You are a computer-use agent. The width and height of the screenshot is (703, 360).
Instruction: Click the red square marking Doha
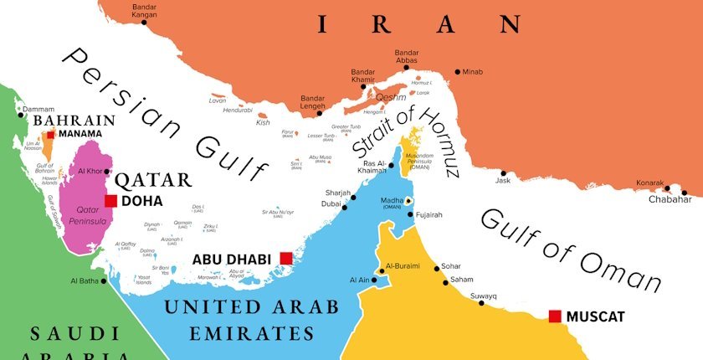[x=110, y=201]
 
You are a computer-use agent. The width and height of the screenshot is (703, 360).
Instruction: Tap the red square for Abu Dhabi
[x=285, y=258]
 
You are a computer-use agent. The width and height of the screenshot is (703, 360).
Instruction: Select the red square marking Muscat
[x=554, y=316]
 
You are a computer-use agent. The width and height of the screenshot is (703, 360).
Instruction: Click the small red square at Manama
[x=51, y=134]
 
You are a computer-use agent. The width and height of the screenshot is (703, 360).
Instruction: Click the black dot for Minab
[x=457, y=72]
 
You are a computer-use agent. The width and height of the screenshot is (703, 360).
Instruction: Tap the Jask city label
[x=502, y=181]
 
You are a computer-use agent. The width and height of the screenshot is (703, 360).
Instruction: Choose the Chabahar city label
[x=670, y=199]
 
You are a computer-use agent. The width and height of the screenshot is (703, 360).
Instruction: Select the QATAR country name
[x=153, y=179]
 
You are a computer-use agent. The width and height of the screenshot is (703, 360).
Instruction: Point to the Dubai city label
[x=331, y=203]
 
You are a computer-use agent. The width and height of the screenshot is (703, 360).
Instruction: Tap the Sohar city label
[x=451, y=265]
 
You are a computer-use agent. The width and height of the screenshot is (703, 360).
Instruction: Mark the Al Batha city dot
[x=105, y=281]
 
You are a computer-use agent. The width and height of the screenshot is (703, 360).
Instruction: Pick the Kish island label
[x=263, y=122]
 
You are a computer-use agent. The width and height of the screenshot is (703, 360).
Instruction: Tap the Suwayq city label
[x=483, y=296]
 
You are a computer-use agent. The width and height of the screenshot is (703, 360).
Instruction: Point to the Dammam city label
[x=38, y=110]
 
